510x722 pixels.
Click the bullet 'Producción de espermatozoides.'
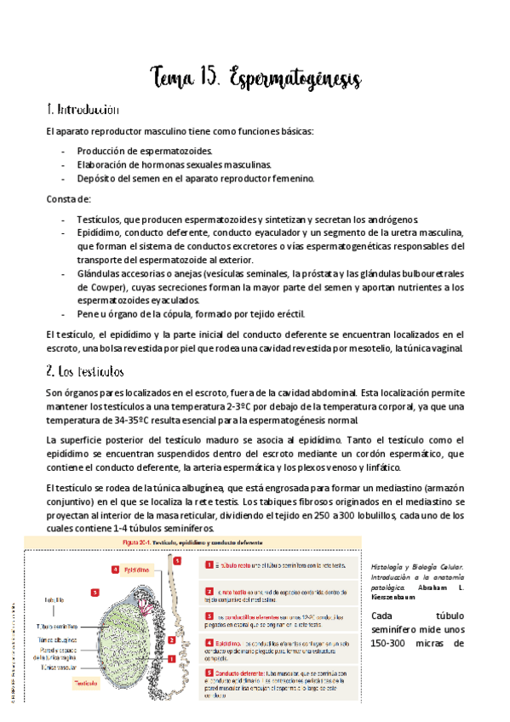click(139, 151)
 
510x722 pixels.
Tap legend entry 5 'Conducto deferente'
click(247, 672)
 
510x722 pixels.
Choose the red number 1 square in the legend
click(209, 564)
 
